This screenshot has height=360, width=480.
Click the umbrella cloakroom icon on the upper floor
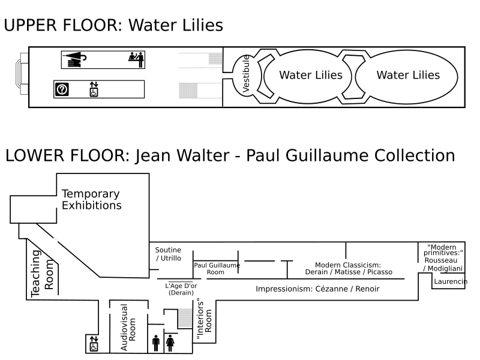pyautogui.click(x=76, y=59)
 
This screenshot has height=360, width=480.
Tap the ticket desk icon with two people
pyautogui.click(x=137, y=59)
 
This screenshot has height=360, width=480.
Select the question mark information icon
pyautogui.click(x=62, y=89)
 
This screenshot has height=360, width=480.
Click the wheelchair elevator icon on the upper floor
pyautogui.click(x=93, y=89)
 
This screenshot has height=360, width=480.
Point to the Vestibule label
pyautogui.click(x=246, y=75)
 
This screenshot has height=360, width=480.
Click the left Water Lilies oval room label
pyautogui.click(x=311, y=75)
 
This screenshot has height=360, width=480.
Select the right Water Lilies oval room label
pyautogui.click(x=408, y=75)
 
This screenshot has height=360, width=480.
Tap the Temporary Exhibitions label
pyautogui.click(x=91, y=200)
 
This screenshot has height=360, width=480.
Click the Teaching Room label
pyautogui.click(x=42, y=274)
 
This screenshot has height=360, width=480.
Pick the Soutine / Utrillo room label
pyautogui.click(x=168, y=254)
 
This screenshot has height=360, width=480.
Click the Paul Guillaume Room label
pyautogui.click(x=216, y=268)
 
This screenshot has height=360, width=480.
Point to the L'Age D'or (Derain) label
pyautogui.click(x=181, y=289)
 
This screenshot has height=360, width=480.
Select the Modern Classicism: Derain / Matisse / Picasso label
pyautogui.click(x=348, y=268)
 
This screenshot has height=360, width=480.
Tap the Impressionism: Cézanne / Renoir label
pyautogui.click(x=317, y=289)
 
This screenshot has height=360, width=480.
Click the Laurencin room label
pyautogui.click(x=450, y=281)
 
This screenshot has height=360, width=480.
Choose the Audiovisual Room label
pyautogui.click(x=128, y=327)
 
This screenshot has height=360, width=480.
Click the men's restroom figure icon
pyautogui.click(x=156, y=343)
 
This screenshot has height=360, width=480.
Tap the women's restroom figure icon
pyautogui.click(x=170, y=343)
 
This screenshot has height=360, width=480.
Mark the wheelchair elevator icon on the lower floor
pyautogui.click(x=93, y=344)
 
